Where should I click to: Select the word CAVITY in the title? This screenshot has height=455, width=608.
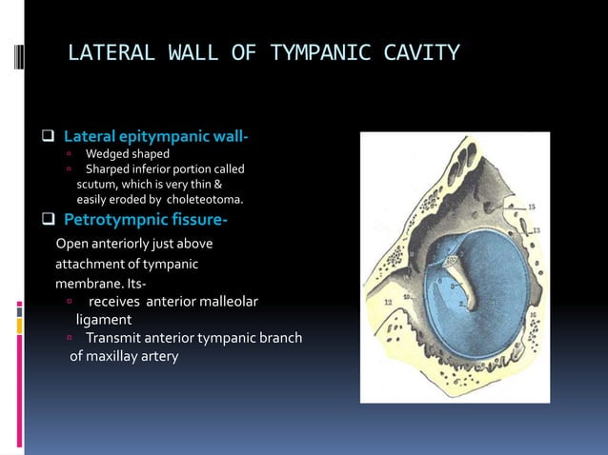coord(419,52)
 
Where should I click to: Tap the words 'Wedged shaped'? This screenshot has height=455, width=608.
coord(127,154)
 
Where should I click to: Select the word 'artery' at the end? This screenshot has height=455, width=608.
coord(156,356)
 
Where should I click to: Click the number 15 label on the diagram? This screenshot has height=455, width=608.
coord(531,206)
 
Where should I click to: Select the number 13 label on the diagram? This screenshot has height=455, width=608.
coord(537,229)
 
